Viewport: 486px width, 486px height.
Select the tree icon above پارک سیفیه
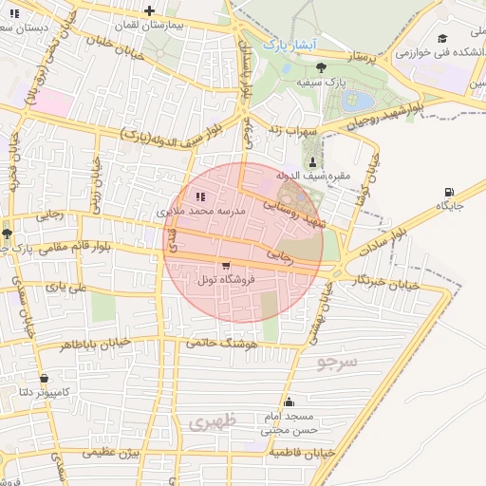click(x=321, y=67)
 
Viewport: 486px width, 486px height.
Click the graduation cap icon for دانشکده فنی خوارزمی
click(x=442, y=38)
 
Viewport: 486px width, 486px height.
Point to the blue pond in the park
click(x=362, y=100)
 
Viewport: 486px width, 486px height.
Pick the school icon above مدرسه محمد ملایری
click(x=200, y=198)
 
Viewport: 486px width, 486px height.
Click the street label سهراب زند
click(x=288, y=128)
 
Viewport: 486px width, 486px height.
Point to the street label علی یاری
click(x=70, y=286)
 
